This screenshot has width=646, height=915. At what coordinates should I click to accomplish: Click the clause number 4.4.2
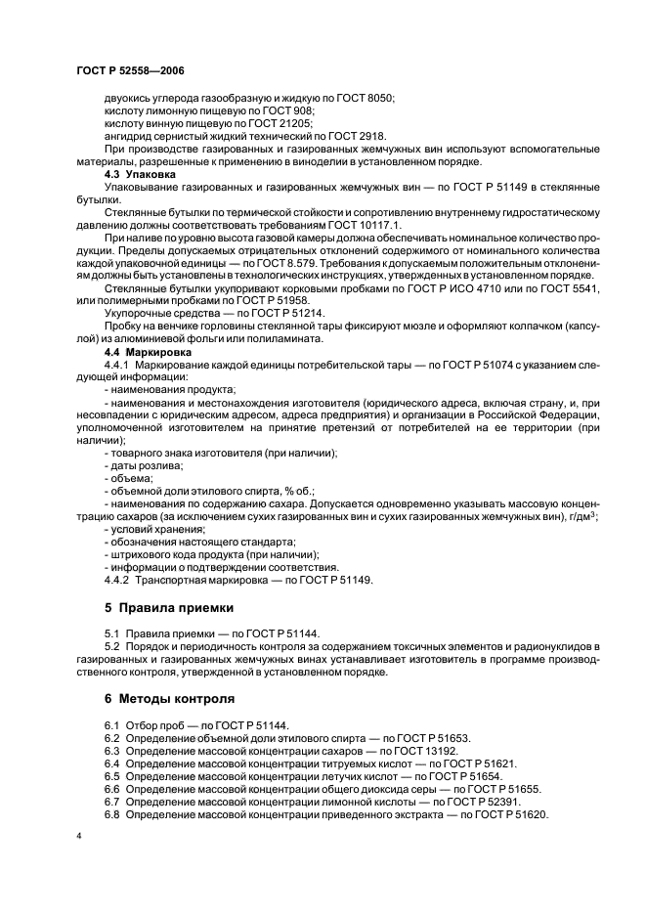118,581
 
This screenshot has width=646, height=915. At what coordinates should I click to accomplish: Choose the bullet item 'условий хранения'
156,529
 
